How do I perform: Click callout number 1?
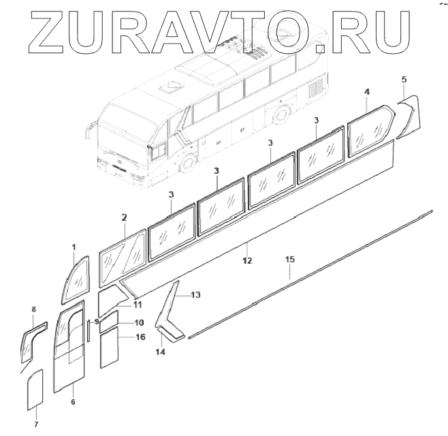tap(74, 246)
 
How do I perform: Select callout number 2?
tap(124, 218)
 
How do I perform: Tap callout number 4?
tap(368, 91)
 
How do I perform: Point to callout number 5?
tap(404, 80)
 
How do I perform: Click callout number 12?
tap(247, 260)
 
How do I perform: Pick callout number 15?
tap(290, 260)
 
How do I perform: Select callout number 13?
tap(195, 295)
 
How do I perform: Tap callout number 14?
tap(160, 352)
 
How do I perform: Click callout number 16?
tap(140, 337)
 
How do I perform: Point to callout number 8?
tap(33, 310)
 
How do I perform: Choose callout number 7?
tap(37, 424)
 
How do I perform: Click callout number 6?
tap(73, 402)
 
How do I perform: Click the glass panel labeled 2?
tap(123, 259)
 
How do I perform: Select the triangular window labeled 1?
tap(76, 281)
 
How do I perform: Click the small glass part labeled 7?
tap(35, 390)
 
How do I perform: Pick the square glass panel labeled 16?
tap(110, 345)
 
